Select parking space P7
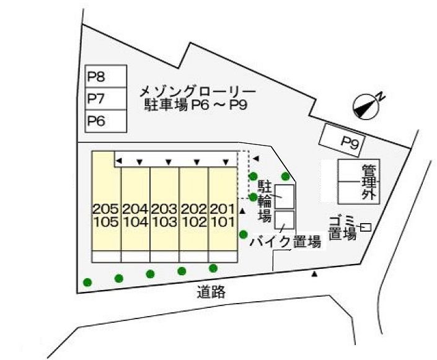click(x=105, y=99)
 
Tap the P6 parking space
click(x=105, y=121)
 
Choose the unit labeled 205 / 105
click(x=106, y=215)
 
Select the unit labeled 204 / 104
click(x=135, y=215)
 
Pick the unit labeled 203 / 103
click(x=164, y=215)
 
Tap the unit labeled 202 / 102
click(x=193, y=215)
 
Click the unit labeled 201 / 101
click(x=223, y=215)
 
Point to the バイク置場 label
click(x=286, y=242)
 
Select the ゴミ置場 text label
click(x=342, y=227)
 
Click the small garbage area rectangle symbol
click(x=366, y=227)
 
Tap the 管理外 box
click(x=360, y=182)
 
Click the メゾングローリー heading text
click(x=197, y=92)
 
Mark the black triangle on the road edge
click(x=316, y=273)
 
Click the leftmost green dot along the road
click(x=87, y=282)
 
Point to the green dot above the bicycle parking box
click(x=285, y=176)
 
